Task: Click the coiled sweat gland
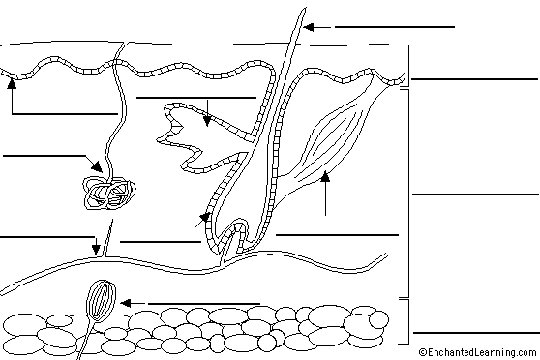[x=109, y=193]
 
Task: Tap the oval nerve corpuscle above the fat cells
[x=101, y=300]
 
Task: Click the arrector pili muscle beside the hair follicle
[x=331, y=141]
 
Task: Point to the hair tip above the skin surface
[x=300, y=20]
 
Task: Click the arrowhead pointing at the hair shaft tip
[x=309, y=27]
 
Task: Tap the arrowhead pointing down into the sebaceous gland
[x=207, y=121]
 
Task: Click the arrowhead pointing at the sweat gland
[x=97, y=166]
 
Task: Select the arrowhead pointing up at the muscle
[x=325, y=176]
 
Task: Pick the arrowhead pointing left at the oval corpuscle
[x=126, y=303]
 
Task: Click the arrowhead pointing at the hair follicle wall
[x=205, y=218]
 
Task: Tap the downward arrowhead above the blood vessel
[x=96, y=250]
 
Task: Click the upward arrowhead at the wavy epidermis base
[x=12, y=83]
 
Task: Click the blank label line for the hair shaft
[x=395, y=27]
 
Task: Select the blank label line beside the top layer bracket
[x=474, y=79]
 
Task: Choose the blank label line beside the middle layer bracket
[x=475, y=195]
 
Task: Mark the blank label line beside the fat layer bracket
[x=476, y=333]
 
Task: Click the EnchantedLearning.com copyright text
[x=478, y=352]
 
